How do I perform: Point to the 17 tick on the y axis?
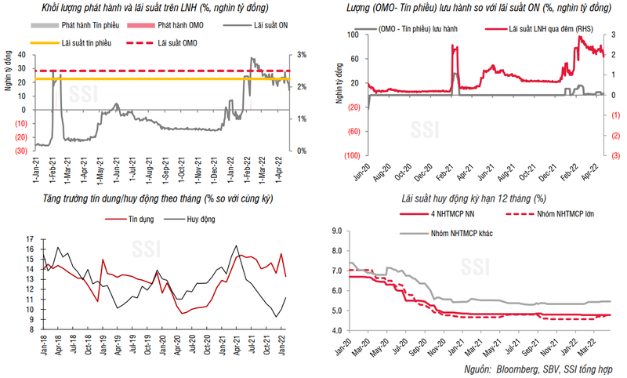tap(28, 238)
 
